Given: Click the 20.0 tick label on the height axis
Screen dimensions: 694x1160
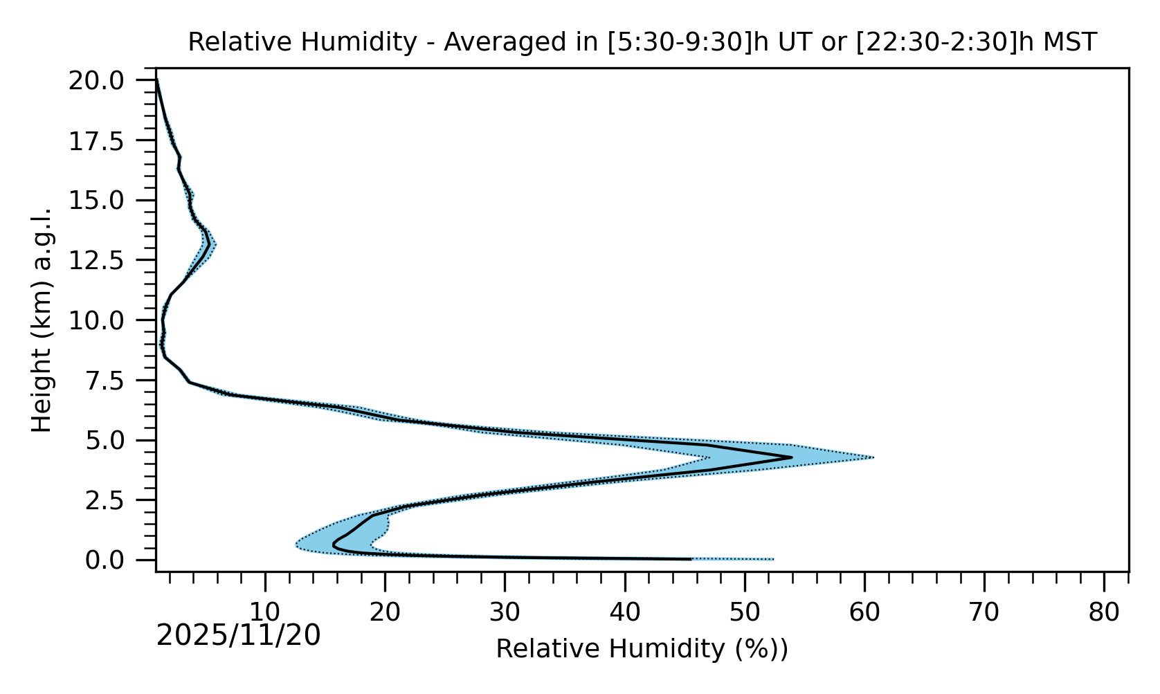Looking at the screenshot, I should tap(106, 81).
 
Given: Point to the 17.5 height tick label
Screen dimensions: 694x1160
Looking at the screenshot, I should tap(106, 141).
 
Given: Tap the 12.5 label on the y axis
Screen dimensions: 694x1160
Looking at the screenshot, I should tap(106, 261).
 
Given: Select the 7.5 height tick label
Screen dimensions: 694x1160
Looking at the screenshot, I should tap(114, 381).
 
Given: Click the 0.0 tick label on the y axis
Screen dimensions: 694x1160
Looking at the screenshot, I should tap(114, 560).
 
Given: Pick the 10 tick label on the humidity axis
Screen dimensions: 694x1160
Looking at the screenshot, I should tap(264, 612).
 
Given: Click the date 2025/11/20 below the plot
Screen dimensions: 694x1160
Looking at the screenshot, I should tap(238, 635).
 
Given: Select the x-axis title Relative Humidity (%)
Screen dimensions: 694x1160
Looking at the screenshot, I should tap(642, 649).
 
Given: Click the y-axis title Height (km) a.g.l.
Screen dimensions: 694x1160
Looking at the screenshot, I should tap(42, 320).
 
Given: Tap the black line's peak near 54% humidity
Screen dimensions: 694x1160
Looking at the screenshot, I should tap(791, 457).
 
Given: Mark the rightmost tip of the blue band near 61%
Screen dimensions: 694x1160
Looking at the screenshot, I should tap(873, 457).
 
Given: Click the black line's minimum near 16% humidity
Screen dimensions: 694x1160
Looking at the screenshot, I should tap(334, 545).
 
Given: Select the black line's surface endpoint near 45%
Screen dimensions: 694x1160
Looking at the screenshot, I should tap(690, 559).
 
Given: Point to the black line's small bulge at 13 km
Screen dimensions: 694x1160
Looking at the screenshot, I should tap(208, 244).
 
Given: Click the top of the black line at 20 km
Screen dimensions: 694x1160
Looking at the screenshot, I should tap(157, 81).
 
